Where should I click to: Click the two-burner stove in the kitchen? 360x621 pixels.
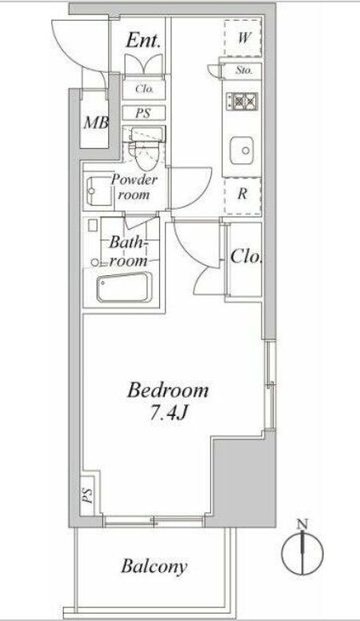tap(242, 102)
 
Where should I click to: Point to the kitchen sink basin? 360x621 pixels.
tap(242, 149)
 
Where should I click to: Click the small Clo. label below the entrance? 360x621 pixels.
tap(144, 89)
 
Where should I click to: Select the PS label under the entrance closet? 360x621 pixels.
tap(143, 113)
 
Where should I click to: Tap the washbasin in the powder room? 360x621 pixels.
tap(98, 189)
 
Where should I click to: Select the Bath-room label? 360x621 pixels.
tap(127, 250)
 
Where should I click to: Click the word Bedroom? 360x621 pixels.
tap(169, 391)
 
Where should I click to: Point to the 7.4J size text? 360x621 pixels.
tap(169, 416)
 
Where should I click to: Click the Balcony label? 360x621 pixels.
tap(154, 567)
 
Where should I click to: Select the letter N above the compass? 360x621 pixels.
tap(302, 525)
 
